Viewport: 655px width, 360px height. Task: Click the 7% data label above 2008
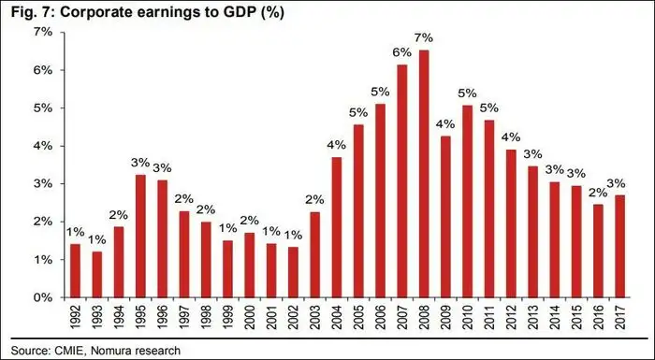424,38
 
